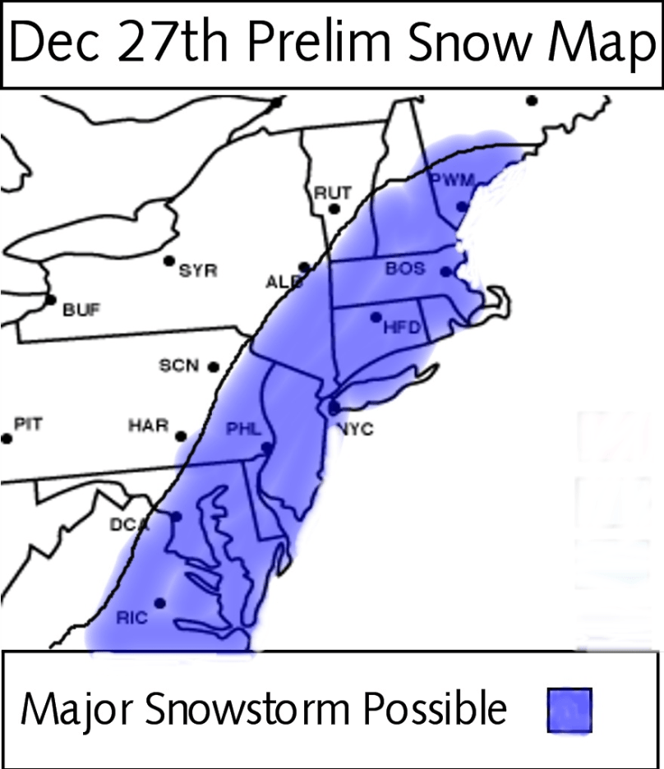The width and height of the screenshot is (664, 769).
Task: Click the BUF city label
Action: pyautogui.click(x=81, y=311)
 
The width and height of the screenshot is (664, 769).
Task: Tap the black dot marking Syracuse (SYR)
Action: pyautogui.click(x=169, y=261)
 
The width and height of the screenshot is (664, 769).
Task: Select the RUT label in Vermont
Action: pyautogui.click(x=333, y=193)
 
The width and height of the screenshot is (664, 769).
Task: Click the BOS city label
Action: pyautogui.click(x=405, y=269)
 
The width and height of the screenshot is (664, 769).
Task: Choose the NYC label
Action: pyautogui.click(x=354, y=429)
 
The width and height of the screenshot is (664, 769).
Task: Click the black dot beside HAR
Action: pyautogui.click(x=181, y=436)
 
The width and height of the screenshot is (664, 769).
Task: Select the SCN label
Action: pyautogui.click(x=179, y=366)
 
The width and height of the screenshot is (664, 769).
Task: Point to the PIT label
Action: pyautogui.click(x=28, y=425)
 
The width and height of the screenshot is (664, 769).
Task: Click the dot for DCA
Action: pyautogui.click(x=175, y=517)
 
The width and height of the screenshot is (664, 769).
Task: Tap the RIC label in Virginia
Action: pyautogui.click(x=131, y=618)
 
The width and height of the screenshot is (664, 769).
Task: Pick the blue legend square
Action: pyautogui.click(x=569, y=709)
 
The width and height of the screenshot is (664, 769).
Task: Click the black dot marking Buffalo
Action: pyautogui.click(x=51, y=300)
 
